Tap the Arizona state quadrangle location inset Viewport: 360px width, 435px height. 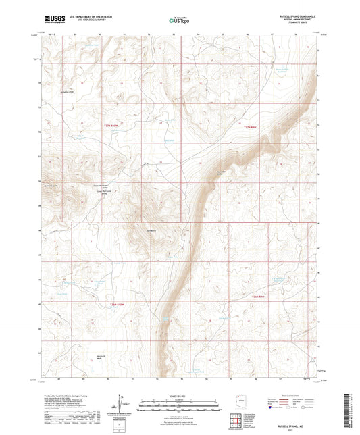coord(236,400)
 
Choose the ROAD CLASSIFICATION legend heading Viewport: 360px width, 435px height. coord(295,394)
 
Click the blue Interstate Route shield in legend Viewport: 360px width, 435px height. coord(272,408)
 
